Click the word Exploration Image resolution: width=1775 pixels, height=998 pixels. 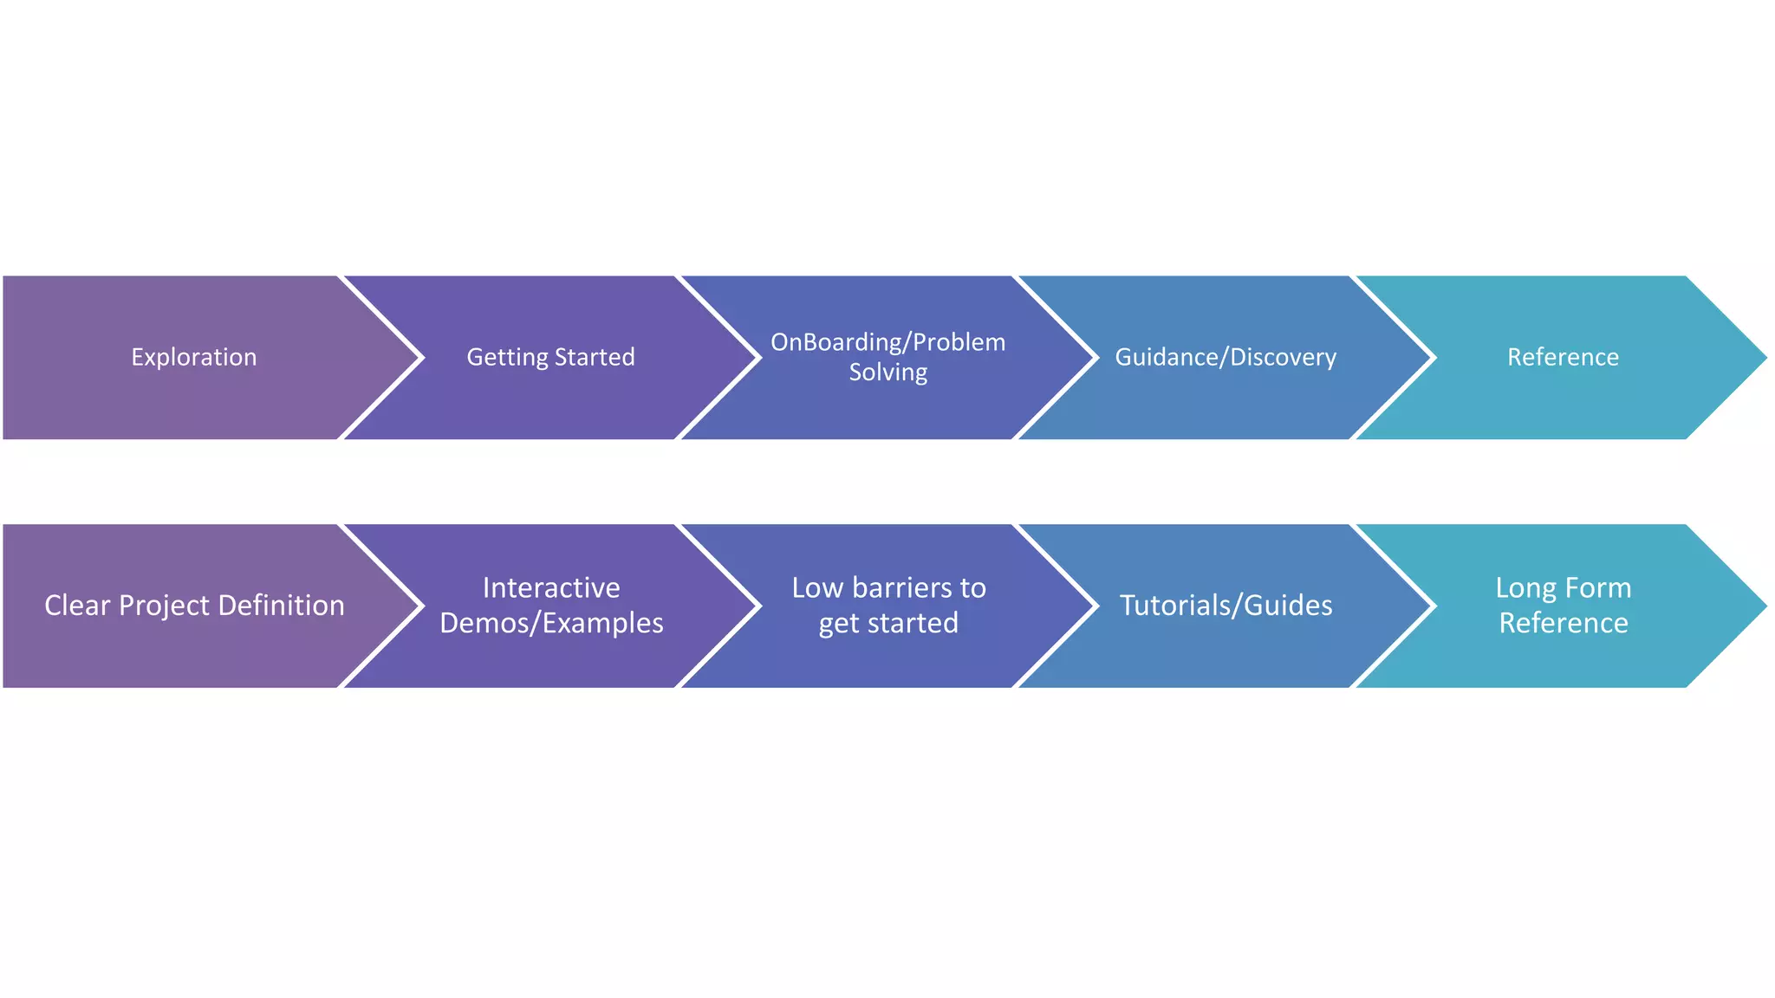tap(193, 357)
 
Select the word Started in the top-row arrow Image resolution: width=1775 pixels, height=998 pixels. tap(594, 357)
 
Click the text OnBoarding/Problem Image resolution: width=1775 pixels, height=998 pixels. tap(887, 342)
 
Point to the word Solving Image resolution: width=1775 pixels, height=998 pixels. tap(887, 373)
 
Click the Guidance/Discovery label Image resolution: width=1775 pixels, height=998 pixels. tap(1225, 357)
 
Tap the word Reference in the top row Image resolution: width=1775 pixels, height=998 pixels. tap(1563, 357)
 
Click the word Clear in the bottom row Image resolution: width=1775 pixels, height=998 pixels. tap(77, 606)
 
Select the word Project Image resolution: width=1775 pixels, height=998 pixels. tap(165, 606)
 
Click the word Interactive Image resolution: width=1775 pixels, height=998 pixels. tap(551, 588)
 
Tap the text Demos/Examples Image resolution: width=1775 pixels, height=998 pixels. tap(551, 624)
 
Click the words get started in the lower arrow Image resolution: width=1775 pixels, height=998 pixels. tap(888, 624)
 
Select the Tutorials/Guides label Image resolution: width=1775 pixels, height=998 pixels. tap(1226, 606)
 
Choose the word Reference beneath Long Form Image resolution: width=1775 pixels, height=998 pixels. tap(1564, 624)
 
